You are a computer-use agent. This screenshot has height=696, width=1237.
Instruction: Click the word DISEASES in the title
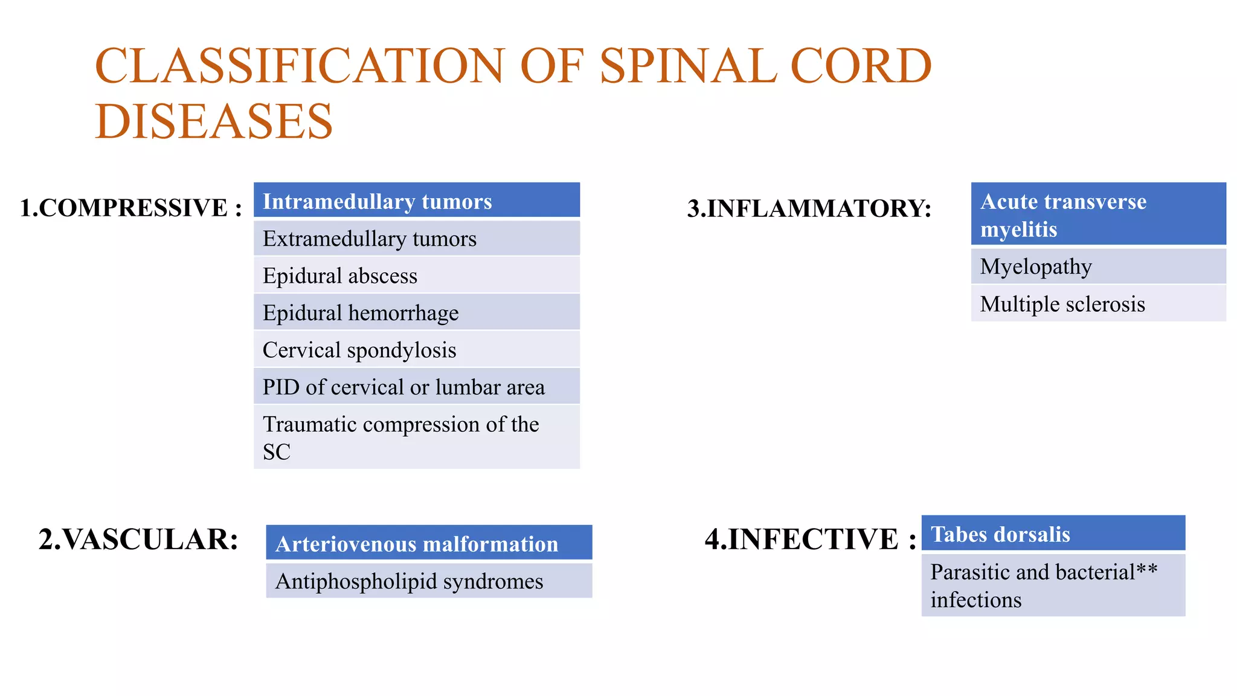[x=214, y=121]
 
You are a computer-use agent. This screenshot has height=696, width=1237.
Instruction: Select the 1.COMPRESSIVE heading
[x=130, y=208]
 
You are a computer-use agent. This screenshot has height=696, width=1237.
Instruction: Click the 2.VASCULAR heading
[x=138, y=539]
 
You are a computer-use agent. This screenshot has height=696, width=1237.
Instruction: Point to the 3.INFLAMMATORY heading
[x=809, y=208]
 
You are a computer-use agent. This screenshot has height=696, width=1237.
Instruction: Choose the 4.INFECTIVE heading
[x=810, y=539]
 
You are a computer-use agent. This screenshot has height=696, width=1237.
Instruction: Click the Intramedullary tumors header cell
[x=417, y=201]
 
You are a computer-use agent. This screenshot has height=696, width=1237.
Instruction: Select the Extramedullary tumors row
[x=417, y=239]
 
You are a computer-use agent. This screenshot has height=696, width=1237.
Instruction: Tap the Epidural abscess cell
[x=417, y=275]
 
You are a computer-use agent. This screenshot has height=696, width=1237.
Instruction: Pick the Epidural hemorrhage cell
[x=417, y=312]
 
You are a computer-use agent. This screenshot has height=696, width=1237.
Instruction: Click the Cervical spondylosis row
[x=417, y=350]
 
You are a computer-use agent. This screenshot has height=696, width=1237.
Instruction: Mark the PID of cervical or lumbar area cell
[x=417, y=387]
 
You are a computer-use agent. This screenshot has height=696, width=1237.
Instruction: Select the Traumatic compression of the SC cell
[x=417, y=437]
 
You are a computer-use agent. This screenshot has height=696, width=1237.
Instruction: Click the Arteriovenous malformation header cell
[x=429, y=543]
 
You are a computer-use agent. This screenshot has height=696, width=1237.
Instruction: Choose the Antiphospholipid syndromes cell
[x=429, y=581]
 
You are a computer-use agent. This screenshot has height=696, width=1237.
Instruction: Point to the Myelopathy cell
[x=1098, y=266]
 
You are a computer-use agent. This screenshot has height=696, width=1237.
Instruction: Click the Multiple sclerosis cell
[x=1098, y=304]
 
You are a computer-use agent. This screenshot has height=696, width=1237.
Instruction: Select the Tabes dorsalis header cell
[x=1053, y=534]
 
